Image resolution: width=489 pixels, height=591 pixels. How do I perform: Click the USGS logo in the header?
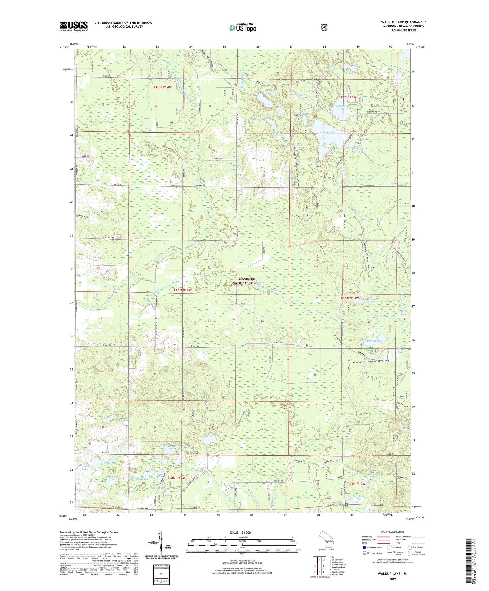74,26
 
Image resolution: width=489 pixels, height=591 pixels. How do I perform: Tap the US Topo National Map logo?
243,28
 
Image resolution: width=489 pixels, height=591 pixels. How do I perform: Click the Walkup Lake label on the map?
341,108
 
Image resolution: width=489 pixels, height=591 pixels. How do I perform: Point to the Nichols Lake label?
327,133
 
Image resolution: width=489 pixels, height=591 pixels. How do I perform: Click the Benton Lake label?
375,341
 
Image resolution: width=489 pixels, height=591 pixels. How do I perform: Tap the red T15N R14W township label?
182,290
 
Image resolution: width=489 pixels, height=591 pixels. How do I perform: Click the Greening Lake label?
398,69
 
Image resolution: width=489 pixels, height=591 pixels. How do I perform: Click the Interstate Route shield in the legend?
364,547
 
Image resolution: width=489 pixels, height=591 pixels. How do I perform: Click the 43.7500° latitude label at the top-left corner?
64,48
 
